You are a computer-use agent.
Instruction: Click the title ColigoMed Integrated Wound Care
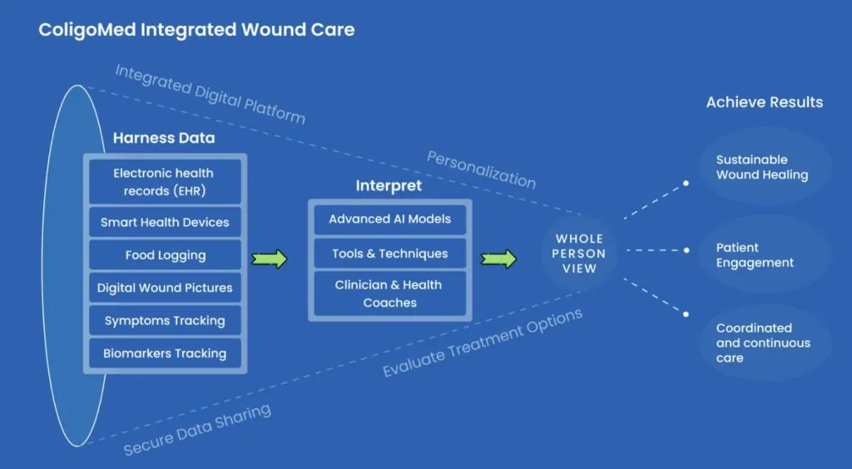coord(196,29)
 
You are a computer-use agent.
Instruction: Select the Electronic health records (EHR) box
coord(165,182)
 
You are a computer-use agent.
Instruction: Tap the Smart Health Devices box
coord(165,222)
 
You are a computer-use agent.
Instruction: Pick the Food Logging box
coord(165,255)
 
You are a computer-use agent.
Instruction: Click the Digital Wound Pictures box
coord(165,288)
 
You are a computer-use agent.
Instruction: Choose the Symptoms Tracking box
coord(165,321)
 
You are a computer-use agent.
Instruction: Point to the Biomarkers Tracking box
coord(165,353)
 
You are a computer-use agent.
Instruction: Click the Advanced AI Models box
coord(389,220)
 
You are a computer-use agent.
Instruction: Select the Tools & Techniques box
coord(389,254)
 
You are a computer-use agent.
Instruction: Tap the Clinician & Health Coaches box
coord(389,294)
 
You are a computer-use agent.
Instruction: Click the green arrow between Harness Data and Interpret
coord(269,259)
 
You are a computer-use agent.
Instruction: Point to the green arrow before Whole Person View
coord(498,259)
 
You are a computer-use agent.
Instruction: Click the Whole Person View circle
coord(579,254)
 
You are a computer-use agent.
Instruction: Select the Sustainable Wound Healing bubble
coord(765,166)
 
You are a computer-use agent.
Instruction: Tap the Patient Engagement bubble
coord(765,254)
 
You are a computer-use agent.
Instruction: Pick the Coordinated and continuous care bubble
coord(765,343)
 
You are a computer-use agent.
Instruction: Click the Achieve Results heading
coord(765,102)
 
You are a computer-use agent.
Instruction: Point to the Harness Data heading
coord(164,138)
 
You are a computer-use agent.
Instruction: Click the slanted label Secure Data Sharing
coord(197,429)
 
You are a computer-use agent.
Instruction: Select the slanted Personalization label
coord(482,170)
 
